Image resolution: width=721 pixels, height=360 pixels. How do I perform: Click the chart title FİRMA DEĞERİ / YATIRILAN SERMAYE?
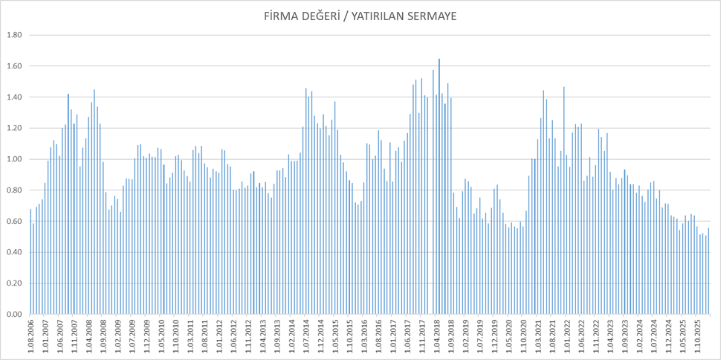(x=360, y=16)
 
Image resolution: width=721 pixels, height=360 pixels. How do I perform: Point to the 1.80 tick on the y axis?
(x=13, y=35)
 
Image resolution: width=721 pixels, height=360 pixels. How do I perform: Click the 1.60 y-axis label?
(x=13, y=66)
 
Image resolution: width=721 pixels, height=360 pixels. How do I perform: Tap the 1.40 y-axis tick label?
(x=13, y=97)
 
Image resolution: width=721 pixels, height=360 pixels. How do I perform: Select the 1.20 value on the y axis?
(x=13, y=128)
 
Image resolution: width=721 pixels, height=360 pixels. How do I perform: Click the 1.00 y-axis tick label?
(x=13, y=159)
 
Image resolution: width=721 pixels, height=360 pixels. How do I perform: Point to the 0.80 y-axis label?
(x=13, y=190)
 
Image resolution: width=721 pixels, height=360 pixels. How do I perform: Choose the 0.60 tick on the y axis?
(x=13, y=222)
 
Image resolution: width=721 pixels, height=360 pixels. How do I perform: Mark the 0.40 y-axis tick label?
(x=13, y=252)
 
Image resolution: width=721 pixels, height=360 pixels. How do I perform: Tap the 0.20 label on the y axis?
(x=13, y=283)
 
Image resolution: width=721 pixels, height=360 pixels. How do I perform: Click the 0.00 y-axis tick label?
(x=13, y=315)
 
